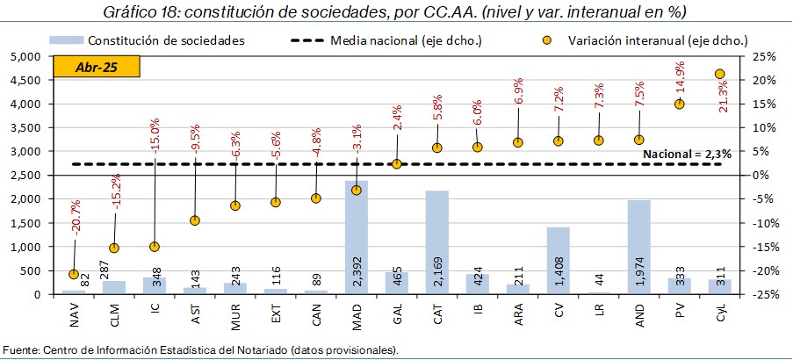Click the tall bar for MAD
click(x=356, y=237)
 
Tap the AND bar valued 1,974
click(x=638, y=247)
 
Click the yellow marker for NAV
click(x=74, y=274)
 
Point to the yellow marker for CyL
click(x=719, y=74)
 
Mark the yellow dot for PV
click(x=679, y=104)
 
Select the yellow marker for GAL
click(x=397, y=163)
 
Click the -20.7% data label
click(x=76, y=223)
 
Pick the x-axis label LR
click(x=599, y=311)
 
